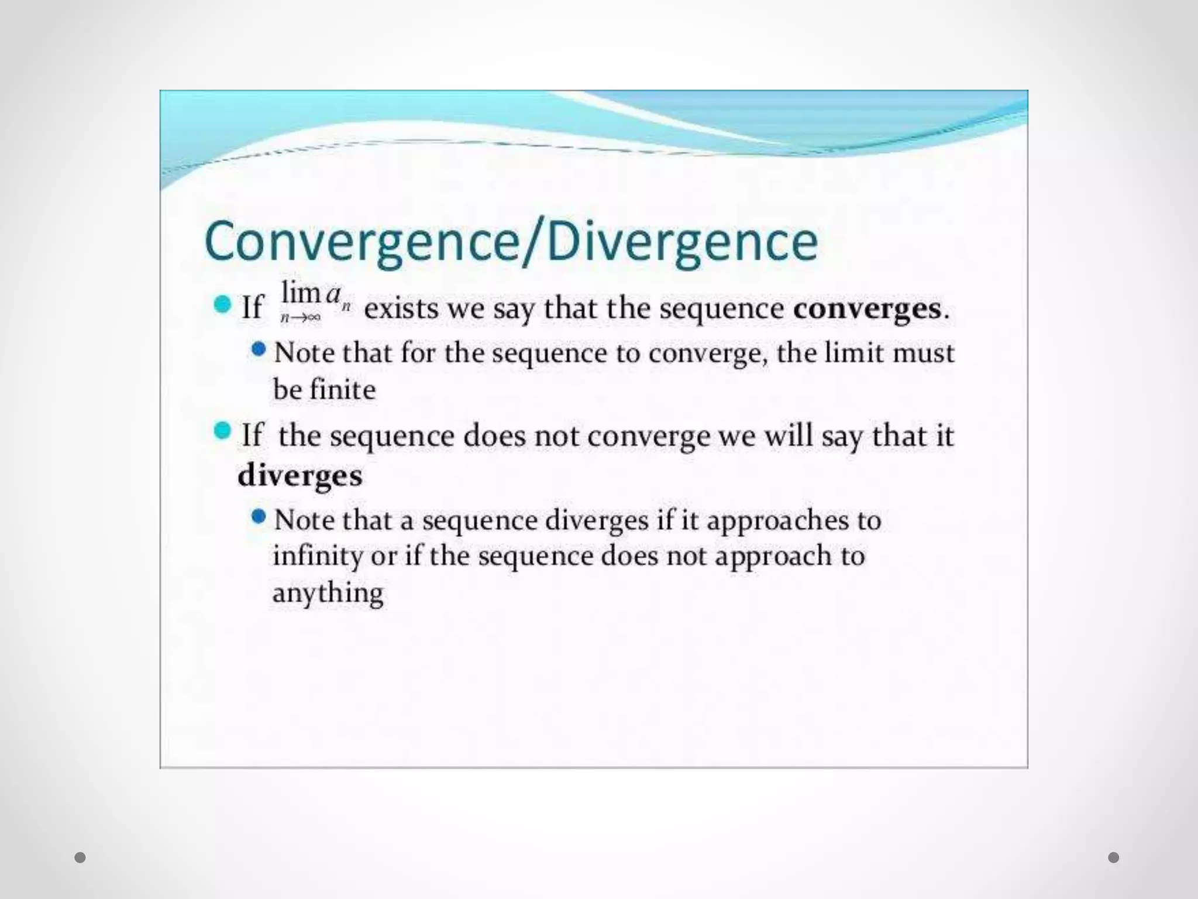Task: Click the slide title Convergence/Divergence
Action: [x=511, y=242]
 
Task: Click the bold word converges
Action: [x=867, y=308]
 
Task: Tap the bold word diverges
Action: [x=300, y=475]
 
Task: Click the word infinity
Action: [x=318, y=555]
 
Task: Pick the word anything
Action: [x=328, y=593]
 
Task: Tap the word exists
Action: [x=401, y=308]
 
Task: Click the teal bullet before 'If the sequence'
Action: [x=222, y=431]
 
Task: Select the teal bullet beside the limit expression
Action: [x=222, y=304]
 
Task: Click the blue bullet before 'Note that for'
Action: [x=259, y=350]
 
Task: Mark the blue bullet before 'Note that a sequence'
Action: [x=259, y=517]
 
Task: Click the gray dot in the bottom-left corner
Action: [x=80, y=858]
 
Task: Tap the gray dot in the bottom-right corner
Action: [x=1114, y=858]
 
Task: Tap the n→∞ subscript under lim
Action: [x=300, y=318]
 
